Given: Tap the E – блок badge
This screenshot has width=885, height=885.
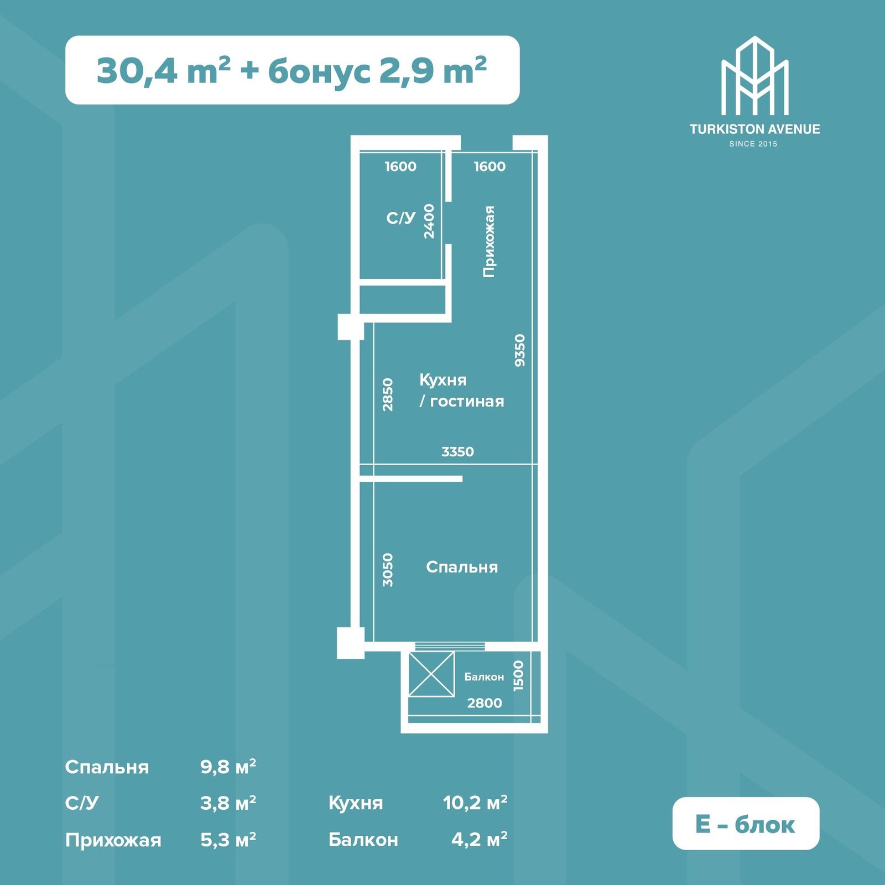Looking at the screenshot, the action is pyautogui.click(x=746, y=824).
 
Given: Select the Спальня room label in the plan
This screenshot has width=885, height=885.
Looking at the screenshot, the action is pyautogui.click(x=462, y=567).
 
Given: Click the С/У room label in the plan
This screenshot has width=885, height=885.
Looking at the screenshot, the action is pyautogui.click(x=400, y=218).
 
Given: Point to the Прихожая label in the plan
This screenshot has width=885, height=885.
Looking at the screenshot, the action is pyautogui.click(x=489, y=241).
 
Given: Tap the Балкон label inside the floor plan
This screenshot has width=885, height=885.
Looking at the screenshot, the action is pyautogui.click(x=484, y=677).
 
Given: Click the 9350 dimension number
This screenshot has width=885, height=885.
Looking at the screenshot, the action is pyautogui.click(x=519, y=350).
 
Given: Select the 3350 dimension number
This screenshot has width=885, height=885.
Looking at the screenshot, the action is pyautogui.click(x=457, y=452).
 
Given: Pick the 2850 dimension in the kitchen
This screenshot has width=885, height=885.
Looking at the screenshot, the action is pyautogui.click(x=388, y=394).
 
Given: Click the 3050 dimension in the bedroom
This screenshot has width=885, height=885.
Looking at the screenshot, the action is pyautogui.click(x=388, y=570).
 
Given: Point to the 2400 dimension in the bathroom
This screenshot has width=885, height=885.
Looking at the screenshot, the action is pyautogui.click(x=429, y=221).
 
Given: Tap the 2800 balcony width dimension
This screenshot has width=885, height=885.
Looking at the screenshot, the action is pyautogui.click(x=485, y=703).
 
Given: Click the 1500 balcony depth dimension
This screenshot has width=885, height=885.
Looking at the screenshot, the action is pyautogui.click(x=518, y=675).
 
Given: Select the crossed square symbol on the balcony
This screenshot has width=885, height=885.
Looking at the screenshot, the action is pyautogui.click(x=431, y=674).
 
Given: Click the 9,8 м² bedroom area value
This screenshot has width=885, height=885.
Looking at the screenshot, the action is pyautogui.click(x=228, y=767).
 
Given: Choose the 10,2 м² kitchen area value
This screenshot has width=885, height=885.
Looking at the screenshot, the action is pyautogui.click(x=475, y=803).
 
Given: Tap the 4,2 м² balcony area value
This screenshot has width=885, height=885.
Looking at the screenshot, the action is pyautogui.click(x=480, y=839).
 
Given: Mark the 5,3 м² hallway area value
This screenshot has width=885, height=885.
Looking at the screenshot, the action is pyautogui.click(x=228, y=840).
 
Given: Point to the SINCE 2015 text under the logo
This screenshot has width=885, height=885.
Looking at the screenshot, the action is pyautogui.click(x=753, y=144).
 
